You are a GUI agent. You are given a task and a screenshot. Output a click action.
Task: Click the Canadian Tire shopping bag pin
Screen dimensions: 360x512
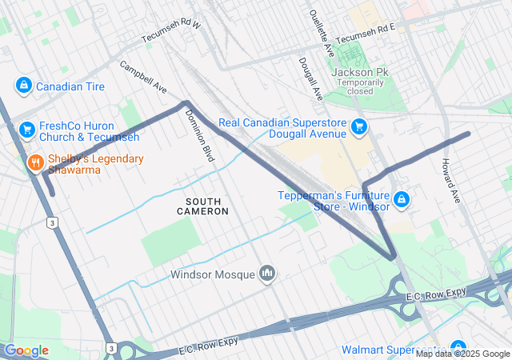click(23, 86)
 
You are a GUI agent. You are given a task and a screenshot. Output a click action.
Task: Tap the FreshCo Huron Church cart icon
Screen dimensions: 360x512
click(26, 127)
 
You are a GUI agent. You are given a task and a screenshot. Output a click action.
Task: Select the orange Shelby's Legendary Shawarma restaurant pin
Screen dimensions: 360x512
click(35, 164)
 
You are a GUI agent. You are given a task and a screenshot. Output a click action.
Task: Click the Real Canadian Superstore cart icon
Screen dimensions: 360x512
click(359, 126)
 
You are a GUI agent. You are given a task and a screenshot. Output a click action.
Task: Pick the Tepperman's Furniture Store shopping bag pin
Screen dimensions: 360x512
click(402, 199)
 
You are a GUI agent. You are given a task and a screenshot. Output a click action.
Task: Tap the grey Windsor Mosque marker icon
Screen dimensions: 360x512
click(267, 274)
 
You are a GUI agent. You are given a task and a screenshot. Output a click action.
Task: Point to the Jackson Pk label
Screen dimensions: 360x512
click(359, 72)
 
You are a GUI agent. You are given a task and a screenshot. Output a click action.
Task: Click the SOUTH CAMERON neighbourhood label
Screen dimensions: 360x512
click(202, 206)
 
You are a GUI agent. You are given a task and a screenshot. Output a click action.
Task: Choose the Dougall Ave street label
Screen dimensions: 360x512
click(310, 78)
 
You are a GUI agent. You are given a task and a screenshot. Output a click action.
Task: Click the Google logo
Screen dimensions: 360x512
click(27, 350)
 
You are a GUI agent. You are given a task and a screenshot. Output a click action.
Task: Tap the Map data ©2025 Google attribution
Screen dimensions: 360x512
click(462, 354)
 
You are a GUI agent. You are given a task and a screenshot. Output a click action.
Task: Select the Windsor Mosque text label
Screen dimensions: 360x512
click(212, 274)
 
